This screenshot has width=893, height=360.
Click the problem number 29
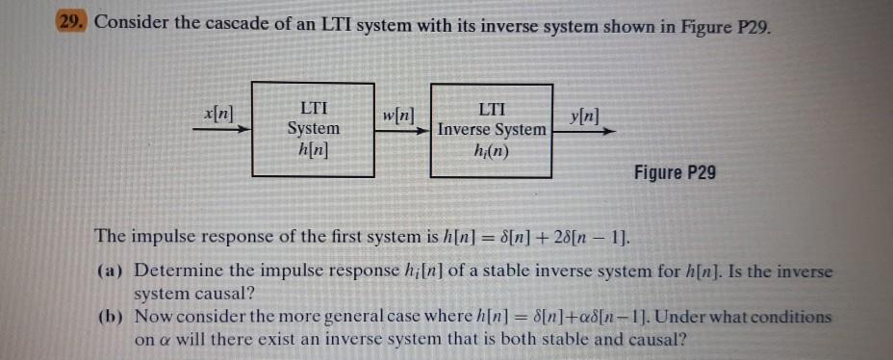tap(71, 23)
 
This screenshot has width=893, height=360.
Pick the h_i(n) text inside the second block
tap(491, 149)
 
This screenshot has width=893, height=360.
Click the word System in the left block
tap(314, 128)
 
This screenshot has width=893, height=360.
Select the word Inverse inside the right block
tap(468, 129)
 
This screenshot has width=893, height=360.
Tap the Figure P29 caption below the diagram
tap(675, 173)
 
